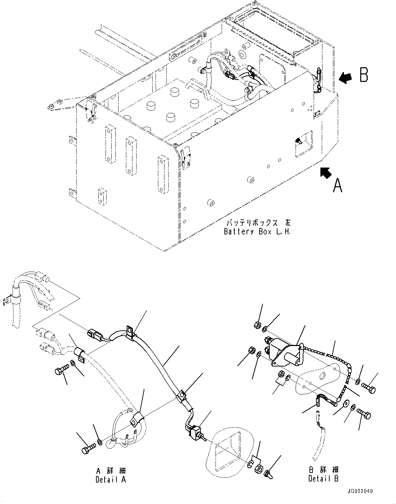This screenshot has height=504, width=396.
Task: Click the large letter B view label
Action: (x=364, y=75)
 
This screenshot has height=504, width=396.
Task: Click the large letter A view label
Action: (x=337, y=186)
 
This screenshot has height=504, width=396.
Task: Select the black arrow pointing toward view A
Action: (x=326, y=173)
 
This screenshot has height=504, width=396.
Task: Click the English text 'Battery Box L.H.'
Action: (x=257, y=232)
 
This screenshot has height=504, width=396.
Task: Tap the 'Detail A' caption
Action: (x=111, y=479)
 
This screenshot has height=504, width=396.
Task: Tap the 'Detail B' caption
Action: (x=323, y=478)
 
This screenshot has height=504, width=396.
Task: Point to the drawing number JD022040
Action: (x=360, y=491)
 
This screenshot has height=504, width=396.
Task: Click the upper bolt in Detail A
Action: (x=61, y=370)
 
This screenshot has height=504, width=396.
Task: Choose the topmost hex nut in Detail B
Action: (x=258, y=324)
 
